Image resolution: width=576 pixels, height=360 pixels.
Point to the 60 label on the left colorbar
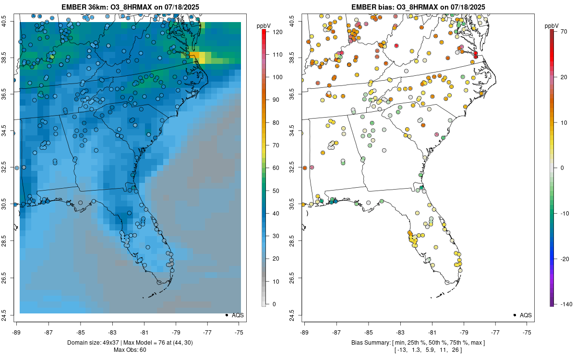[x=276, y=168]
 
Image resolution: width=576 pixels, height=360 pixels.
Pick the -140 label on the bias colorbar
[x=563, y=304]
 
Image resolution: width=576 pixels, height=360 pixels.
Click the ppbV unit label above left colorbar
[x=264, y=24]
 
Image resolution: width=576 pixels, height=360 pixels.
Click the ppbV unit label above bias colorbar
[x=552, y=24]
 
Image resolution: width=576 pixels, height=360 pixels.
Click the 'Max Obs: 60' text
[x=130, y=349]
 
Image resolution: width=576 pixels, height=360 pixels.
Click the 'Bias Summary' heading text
[x=370, y=343]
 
